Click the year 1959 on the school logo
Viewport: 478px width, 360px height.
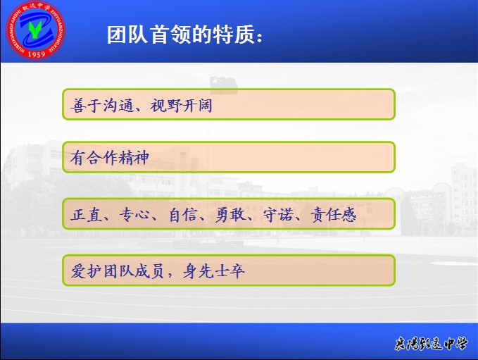coord(37,54)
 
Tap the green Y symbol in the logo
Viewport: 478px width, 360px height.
coord(35,30)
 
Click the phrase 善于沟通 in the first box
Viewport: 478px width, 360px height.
coord(102,106)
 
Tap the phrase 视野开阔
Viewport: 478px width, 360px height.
coord(181,106)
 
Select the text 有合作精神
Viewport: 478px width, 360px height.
coord(110,158)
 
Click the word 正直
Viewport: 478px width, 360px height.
coord(86,214)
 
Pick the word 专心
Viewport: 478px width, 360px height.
coord(134,214)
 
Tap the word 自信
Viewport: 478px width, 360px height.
coord(182,214)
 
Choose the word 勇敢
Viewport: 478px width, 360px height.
coord(230,214)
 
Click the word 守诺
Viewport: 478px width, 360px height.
coord(278,214)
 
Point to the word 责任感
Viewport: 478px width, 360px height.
coord(333,214)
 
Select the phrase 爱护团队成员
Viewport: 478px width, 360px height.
coord(118,271)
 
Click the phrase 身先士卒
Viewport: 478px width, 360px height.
coord(213,271)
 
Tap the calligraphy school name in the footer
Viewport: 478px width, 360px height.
coord(431,344)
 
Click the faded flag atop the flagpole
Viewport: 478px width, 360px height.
coord(224,85)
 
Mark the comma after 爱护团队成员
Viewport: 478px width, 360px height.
coord(170,275)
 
